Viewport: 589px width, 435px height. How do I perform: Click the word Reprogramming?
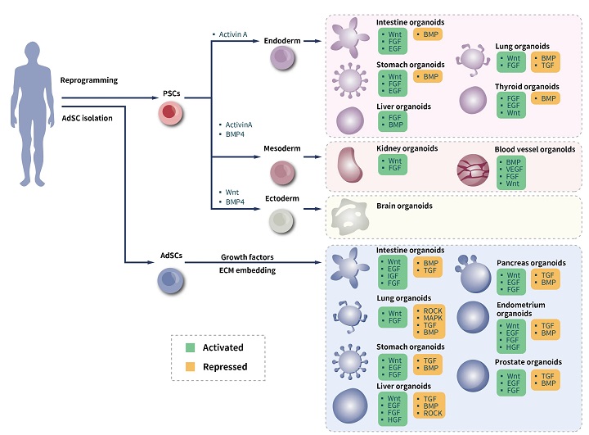(x=89, y=80)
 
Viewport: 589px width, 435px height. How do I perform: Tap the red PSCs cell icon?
(x=171, y=114)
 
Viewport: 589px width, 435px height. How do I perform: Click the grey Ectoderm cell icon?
(x=282, y=220)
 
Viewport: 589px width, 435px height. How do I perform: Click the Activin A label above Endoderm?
(x=234, y=34)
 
